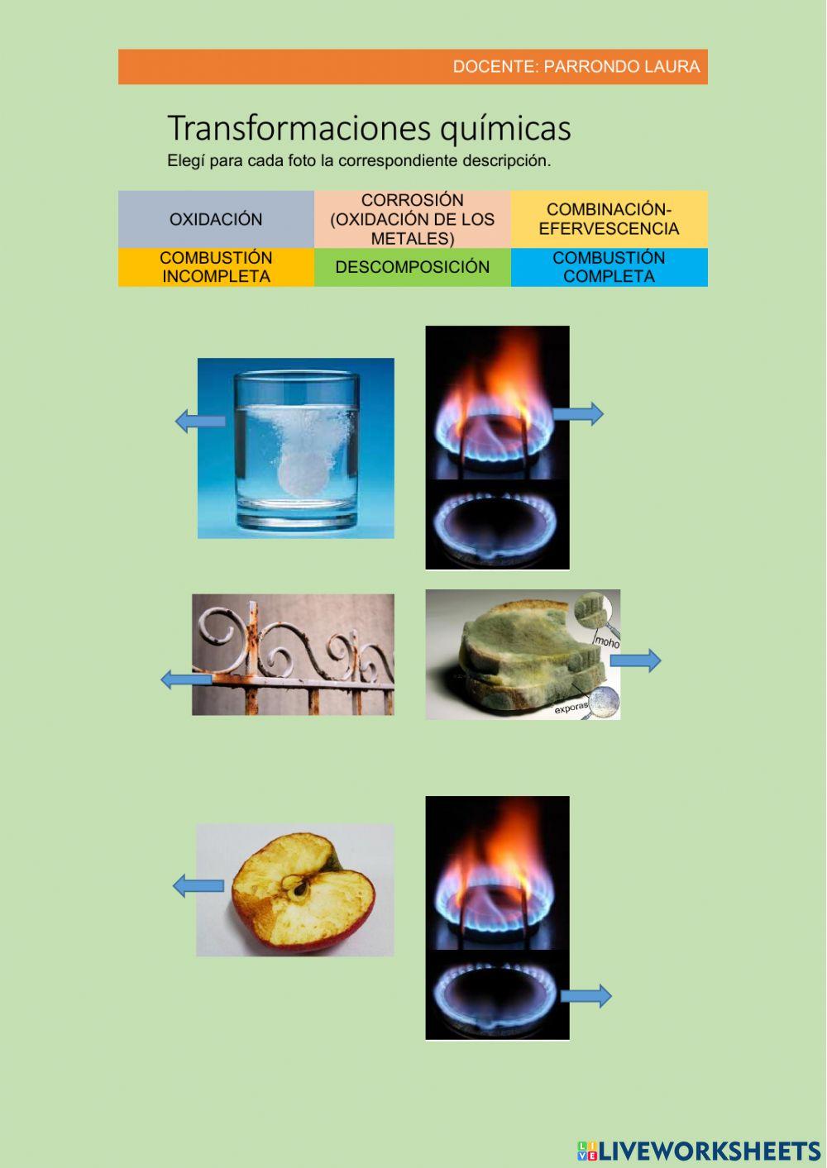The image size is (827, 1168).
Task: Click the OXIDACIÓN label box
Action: pos(216,219)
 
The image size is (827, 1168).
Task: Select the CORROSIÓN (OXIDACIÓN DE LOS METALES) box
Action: pos(412,219)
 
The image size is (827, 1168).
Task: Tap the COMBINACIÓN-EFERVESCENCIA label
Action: pos(609,219)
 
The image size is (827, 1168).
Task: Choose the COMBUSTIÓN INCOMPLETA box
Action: pos(216,267)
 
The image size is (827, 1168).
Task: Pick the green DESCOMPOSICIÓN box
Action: pos(412,267)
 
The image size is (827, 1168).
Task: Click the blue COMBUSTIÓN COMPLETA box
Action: pos(609,267)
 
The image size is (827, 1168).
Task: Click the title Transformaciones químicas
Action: pos(369,128)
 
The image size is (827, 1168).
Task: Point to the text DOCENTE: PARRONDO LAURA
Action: pos(576,67)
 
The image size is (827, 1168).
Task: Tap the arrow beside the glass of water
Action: pos(201,421)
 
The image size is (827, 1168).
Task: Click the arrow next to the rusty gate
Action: pos(186,679)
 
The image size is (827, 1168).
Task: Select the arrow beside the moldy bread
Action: pos(635,660)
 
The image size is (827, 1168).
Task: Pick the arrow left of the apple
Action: pos(198,886)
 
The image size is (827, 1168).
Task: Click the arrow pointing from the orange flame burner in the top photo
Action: pos(578,413)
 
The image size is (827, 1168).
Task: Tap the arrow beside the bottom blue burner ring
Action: pos(586,996)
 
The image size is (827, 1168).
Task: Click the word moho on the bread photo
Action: pos(606,641)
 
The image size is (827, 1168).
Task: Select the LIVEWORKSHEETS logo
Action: pos(699,1150)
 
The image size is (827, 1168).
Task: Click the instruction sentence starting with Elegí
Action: pos(359,161)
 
